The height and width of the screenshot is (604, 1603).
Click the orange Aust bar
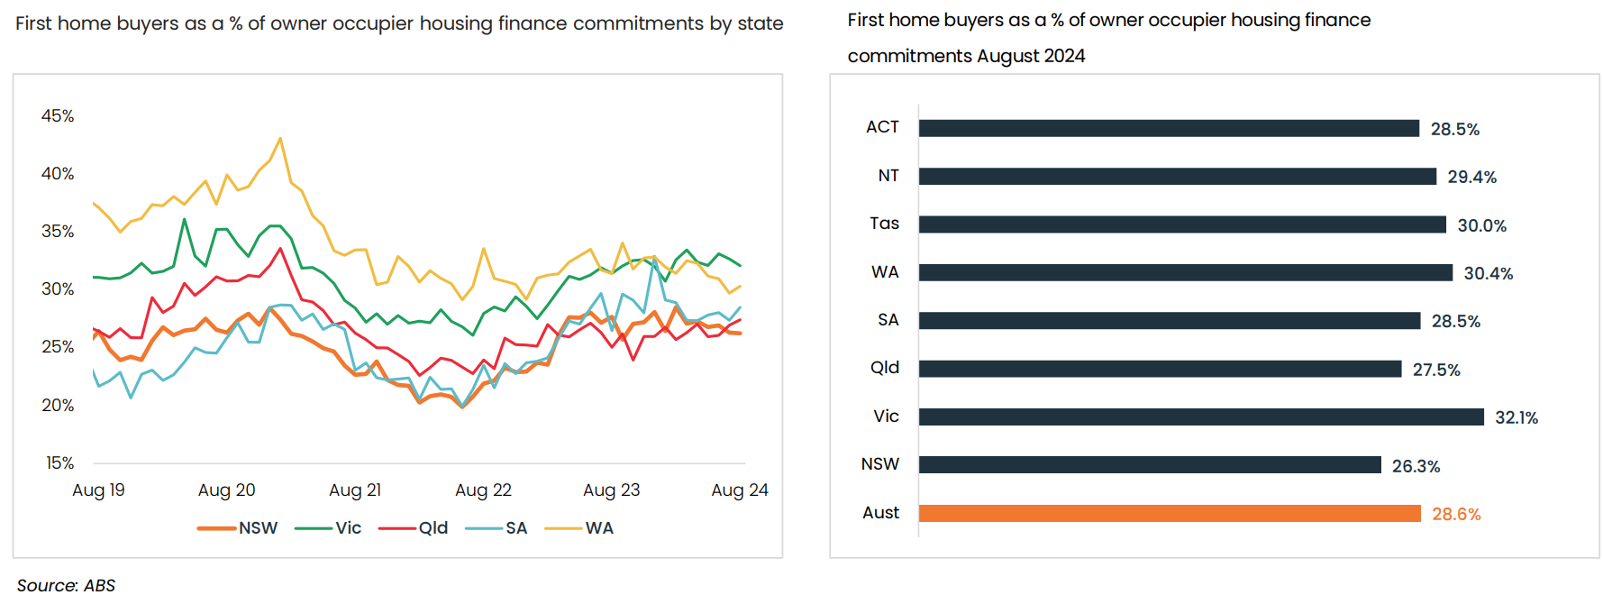1169,513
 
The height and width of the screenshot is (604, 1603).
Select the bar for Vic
1200,416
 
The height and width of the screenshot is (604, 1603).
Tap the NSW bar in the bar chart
1149,464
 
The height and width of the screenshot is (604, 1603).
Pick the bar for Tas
1181,224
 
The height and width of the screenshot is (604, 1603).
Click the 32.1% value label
1516,417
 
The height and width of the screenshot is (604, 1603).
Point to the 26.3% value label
1416,466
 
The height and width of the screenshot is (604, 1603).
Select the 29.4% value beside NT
1471,177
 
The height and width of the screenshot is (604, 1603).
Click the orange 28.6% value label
1456,514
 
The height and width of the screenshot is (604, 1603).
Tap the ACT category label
882,127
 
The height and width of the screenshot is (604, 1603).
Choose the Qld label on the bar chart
884,368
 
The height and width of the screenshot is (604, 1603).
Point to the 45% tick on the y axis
58,115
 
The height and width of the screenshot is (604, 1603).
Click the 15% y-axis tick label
59,462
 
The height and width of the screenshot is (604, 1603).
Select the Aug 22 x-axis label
483,490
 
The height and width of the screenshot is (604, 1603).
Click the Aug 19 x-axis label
98,490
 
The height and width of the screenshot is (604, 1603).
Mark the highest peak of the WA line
280,139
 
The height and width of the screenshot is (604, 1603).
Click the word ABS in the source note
99,585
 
